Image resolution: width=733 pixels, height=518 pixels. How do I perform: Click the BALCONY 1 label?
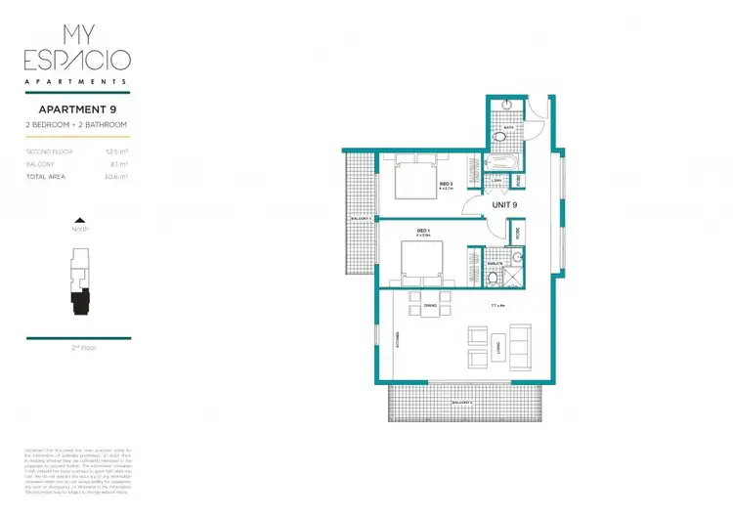click(x=357, y=218)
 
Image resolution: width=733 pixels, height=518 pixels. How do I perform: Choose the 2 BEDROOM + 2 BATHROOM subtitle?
click(x=77, y=125)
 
